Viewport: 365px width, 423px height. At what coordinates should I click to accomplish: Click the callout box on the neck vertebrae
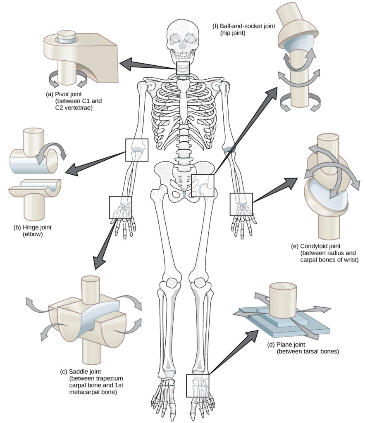tap(183, 69)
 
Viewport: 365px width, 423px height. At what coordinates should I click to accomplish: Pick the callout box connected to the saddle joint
tap(120, 207)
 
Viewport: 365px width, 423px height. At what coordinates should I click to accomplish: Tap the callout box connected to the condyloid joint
tap(241, 204)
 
